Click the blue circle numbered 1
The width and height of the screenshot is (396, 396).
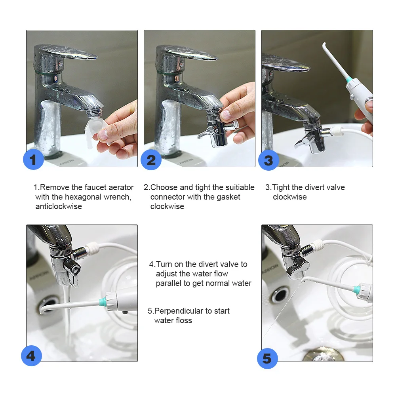coord(33,159)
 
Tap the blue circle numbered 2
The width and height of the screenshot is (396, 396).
coord(151,160)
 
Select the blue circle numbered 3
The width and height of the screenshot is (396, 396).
coord(269,160)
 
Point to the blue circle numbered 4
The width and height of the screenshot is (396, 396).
coord(31,356)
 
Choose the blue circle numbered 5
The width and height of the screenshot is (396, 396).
coord(267,358)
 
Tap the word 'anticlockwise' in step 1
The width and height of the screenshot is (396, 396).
coord(59,206)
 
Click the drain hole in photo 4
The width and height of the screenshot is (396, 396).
coord(48,304)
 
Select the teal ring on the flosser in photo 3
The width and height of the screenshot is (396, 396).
coord(348,80)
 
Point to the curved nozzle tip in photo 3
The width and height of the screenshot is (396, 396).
coord(324,46)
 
